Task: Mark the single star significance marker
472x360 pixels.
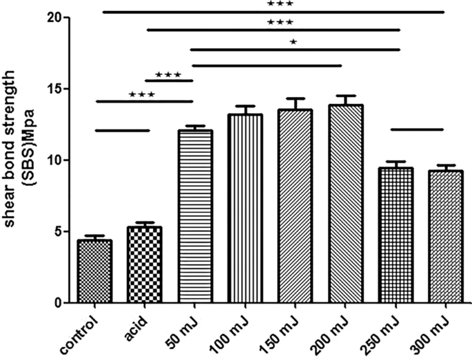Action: click(x=294, y=43)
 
